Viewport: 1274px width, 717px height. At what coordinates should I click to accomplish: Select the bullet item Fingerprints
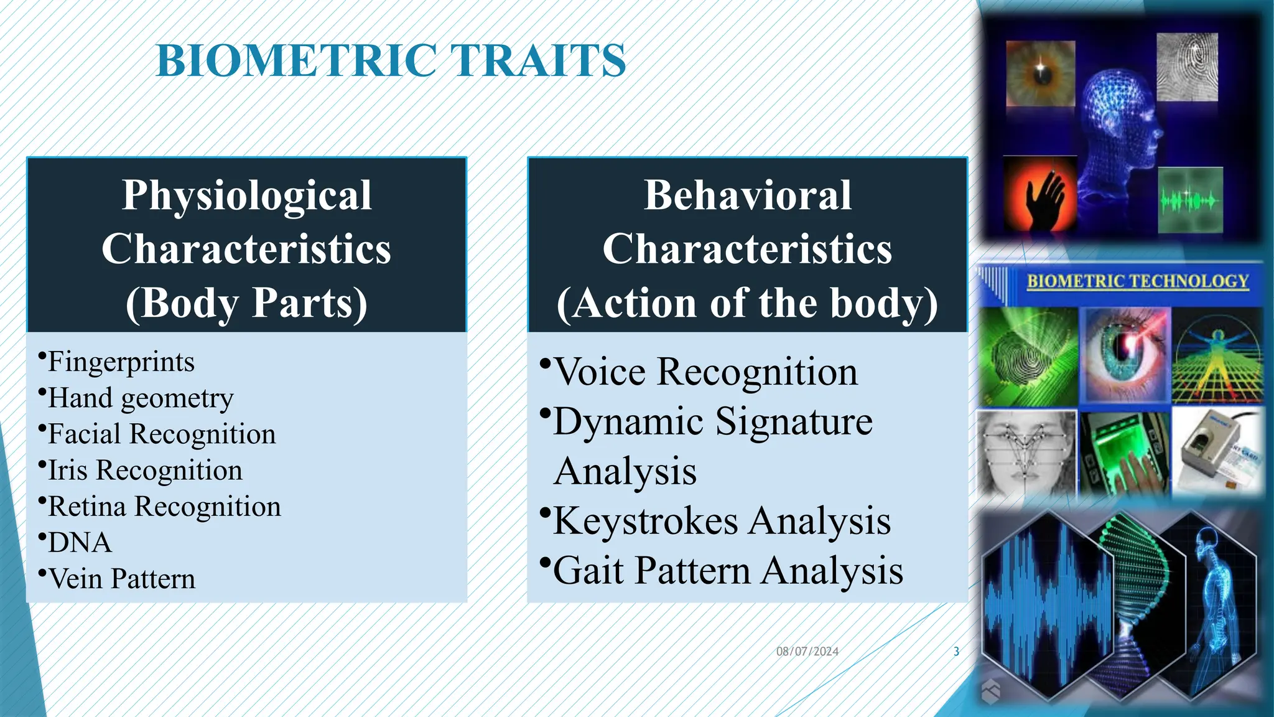click(x=121, y=362)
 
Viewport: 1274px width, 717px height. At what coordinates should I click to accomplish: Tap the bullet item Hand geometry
click(x=141, y=398)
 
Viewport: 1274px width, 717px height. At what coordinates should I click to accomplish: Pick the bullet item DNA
click(x=80, y=543)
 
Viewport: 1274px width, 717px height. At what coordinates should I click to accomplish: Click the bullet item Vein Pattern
click(x=121, y=579)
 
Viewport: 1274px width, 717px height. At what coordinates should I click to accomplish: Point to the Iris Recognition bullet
click(x=145, y=471)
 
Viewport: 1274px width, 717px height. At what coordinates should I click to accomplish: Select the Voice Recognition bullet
click(x=705, y=372)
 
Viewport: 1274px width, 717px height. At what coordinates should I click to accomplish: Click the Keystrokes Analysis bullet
click(x=722, y=521)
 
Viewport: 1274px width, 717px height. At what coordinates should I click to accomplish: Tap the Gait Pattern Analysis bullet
click(x=728, y=571)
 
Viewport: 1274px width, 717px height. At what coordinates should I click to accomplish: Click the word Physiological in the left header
click(x=247, y=195)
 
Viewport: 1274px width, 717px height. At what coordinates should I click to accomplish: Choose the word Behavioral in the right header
click(x=747, y=195)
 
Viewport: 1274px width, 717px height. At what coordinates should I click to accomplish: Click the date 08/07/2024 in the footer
click(x=807, y=652)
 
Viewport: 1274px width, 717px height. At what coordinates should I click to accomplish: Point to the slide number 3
click(x=956, y=652)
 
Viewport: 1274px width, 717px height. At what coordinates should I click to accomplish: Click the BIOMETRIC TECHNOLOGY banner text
click(x=1137, y=281)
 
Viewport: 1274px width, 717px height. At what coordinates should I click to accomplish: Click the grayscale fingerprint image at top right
click(x=1187, y=67)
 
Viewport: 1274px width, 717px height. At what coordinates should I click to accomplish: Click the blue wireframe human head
click(x=1117, y=124)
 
